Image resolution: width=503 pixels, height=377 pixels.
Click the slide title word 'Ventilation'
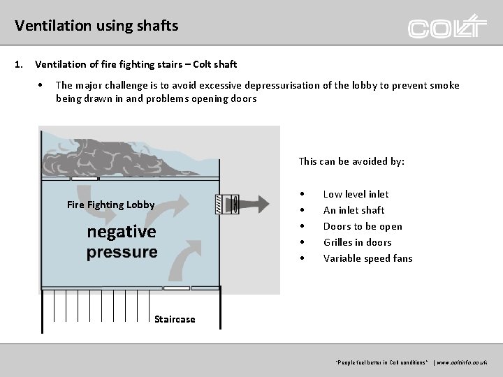click(46, 26)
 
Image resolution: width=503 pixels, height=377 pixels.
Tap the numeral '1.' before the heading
click(19, 65)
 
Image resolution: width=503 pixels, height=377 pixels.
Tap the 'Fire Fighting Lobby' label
click(111, 205)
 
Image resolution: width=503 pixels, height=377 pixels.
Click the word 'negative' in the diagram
click(122, 232)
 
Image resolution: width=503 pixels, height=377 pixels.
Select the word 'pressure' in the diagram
click(122, 251)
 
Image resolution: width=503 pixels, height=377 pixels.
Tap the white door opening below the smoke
click(84, 179)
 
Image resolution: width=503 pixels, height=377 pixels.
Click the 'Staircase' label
click(175, 319)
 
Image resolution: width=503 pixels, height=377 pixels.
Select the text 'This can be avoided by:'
click(351, 161)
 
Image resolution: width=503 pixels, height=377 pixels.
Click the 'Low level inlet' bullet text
click(356, 194)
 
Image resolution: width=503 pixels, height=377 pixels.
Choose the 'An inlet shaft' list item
click(353, 210)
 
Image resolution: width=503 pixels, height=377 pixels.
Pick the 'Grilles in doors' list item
click(357, 242)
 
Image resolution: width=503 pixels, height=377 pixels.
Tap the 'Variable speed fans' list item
click(367, 258)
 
